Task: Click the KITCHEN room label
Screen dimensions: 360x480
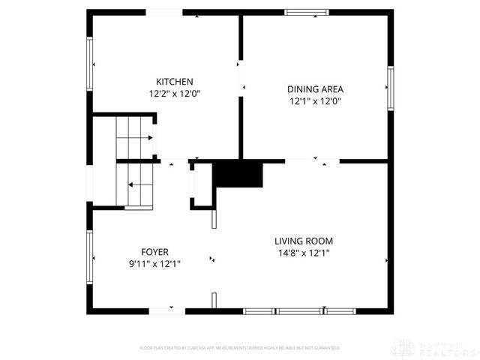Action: pos(175,82)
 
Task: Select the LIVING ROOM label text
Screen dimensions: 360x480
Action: pos(303,241)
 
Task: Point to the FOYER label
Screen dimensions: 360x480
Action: pos(155,252)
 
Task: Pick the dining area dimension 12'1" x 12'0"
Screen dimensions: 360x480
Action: pos(316,100)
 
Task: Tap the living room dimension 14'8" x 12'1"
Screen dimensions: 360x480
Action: pos(303,253)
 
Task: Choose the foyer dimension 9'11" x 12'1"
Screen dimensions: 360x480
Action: pos(155,263)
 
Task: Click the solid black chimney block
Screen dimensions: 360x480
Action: pos(238,175)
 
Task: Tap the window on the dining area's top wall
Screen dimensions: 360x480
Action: pos(306,12)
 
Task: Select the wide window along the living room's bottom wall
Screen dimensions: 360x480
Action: pos(299,310)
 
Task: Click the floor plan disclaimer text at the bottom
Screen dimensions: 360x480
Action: pos(240,348)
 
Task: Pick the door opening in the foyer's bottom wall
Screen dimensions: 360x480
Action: pos(166,310)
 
